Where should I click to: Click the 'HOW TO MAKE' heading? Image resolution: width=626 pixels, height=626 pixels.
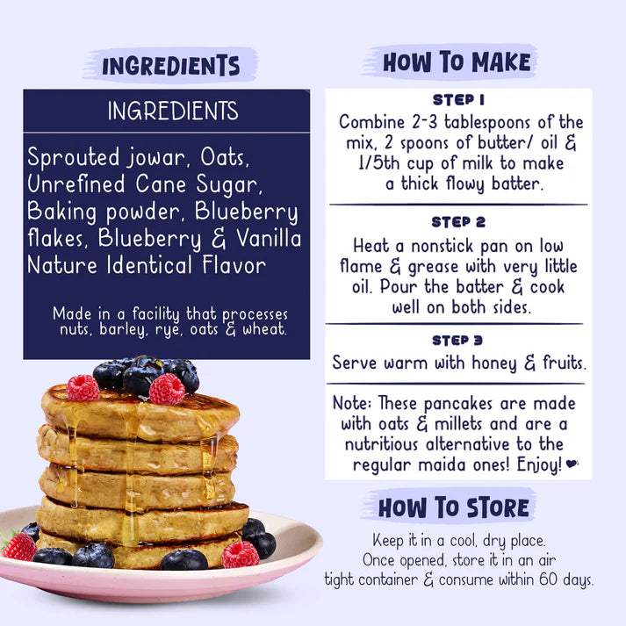pyautogui.click(x=457, y=61)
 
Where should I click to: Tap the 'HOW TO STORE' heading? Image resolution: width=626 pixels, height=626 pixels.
pyautogui.click(x=454, y=507)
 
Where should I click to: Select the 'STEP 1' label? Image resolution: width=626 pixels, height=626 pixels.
pyautogui.click(x=458, y=100)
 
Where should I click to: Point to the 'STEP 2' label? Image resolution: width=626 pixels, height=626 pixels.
pyautogui.click(x=458, y=222)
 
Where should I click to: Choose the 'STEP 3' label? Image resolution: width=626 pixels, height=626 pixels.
pyautogui.click(x=458, y=340)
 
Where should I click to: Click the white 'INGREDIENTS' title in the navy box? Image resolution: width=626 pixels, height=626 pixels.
pyautogui.click(x=173, y=112)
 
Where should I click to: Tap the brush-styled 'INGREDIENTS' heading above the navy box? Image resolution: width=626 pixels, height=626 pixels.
pyautogui.click(x=170, y=65)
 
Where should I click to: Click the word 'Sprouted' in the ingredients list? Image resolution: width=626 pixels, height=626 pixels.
pyautogui.click(x=73, y=158)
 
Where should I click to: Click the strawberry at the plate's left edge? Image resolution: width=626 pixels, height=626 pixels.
pyautogui.click(x=19, y=546)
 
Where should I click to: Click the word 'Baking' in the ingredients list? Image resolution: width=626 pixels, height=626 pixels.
pyautogui.click(x=61, y=212)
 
